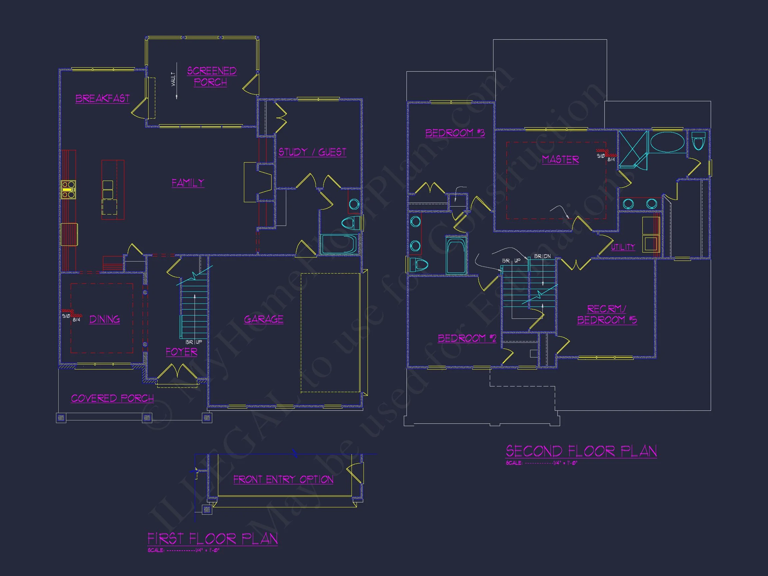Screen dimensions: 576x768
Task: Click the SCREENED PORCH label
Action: coord(212,76)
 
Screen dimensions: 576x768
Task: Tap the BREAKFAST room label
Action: coord(102,99)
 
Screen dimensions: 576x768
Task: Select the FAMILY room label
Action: coord(188,183)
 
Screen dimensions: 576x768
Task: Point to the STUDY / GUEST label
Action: coord(312,152)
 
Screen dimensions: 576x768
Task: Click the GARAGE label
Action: coord(264,319)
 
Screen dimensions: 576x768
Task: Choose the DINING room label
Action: coord(105,319)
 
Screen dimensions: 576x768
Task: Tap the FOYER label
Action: coord(181,352)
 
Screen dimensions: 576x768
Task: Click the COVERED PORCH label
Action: coord(112,398)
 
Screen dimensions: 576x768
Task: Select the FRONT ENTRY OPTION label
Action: coord(283,479)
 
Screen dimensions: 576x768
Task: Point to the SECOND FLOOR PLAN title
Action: coord(581,451)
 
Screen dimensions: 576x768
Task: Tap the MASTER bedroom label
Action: coord(560,160)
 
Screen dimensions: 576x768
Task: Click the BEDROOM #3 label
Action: coord(455,133)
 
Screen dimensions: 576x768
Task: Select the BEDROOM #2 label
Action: coord(467,338)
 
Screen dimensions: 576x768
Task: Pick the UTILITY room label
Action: coord(623,247)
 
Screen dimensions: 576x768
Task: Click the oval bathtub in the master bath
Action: coord(667,142)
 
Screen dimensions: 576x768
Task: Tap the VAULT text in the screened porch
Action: coord(173,80)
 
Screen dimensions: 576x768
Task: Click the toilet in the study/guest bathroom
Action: coord(352,222)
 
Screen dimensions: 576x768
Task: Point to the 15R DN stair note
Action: coord(542,256)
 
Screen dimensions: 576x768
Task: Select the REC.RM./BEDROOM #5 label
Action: coord(607,314)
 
